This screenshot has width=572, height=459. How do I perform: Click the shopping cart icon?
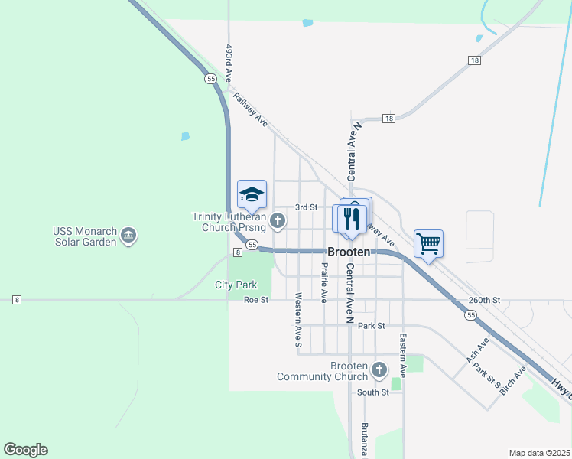[429, 244]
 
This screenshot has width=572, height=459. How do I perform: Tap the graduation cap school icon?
[252, 194]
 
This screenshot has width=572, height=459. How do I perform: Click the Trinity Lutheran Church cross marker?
[278, 222]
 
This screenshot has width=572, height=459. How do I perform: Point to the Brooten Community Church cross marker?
[379, 371]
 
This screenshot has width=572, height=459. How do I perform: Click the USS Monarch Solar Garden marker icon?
[128, 236]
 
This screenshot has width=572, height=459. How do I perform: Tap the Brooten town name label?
[349, 252]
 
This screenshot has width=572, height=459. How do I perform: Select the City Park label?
[236, 285]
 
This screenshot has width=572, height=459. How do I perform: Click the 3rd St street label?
[307, 207]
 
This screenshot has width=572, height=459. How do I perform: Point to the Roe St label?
[256, 301]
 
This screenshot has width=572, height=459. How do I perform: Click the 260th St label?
[484, 301]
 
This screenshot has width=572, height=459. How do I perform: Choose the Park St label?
[370, 326]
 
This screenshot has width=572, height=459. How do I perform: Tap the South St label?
[373, 392]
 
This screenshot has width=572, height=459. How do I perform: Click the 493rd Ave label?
[229, 63]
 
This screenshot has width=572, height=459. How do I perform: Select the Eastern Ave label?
[401, 352]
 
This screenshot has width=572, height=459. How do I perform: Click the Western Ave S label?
[298, 317]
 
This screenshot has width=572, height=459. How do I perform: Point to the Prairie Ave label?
[324, 282]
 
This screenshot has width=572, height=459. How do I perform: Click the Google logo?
[25, 450]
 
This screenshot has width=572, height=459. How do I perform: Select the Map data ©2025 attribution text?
[538, 453]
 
